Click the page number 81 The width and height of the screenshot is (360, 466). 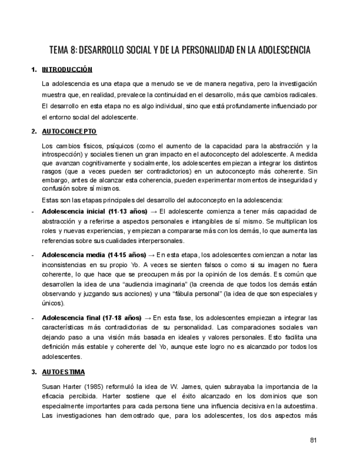[314, 440]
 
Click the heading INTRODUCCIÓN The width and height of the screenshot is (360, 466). [67, 70]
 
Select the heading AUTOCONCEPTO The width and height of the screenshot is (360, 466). [69, 132]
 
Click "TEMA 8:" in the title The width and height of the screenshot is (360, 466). [63, 50]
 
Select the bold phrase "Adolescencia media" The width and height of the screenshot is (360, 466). [74, 255]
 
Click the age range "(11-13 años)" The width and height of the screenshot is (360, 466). [128, 211]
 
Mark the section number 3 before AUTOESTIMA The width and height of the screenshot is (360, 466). [34, 372]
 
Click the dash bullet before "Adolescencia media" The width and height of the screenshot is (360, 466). [34, 255]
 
